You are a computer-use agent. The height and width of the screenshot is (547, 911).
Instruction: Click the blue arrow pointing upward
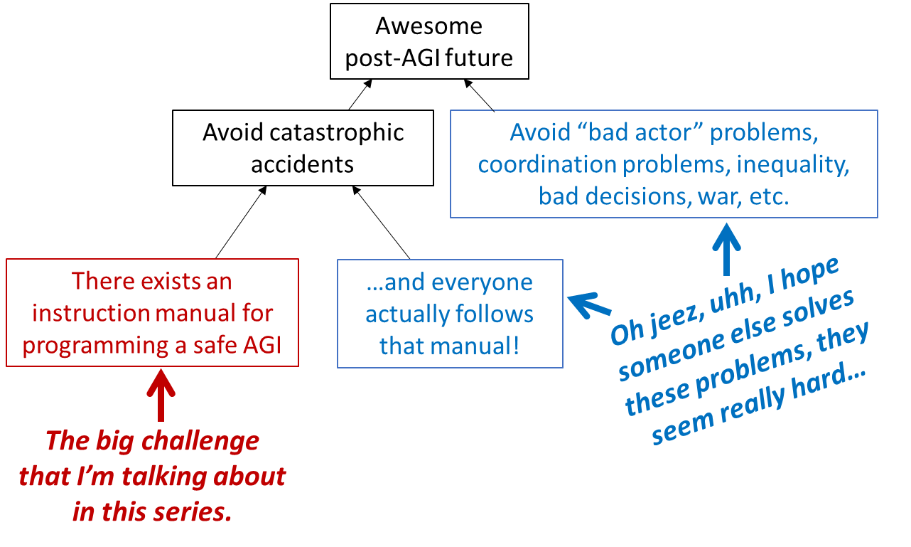pos(726,249)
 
